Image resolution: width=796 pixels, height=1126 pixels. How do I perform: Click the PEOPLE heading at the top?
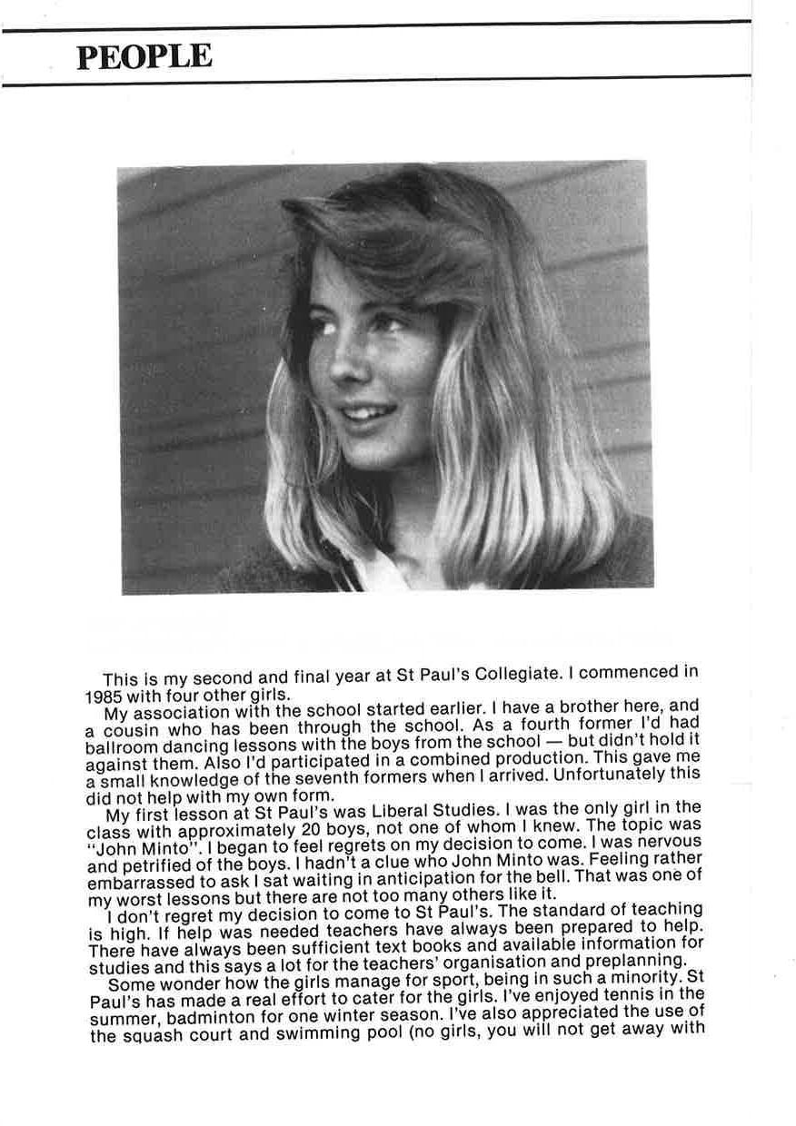pyautogui.click(x=144, y=56)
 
